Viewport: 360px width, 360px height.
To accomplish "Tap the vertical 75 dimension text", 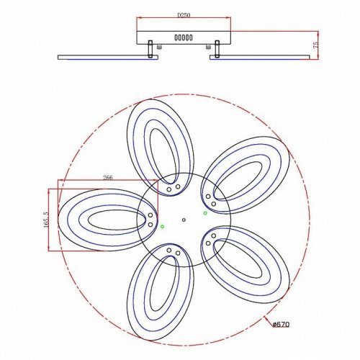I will [x=315, y=45].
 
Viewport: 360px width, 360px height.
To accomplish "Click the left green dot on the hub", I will [x=163, y=227].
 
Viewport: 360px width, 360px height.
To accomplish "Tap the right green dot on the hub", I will [x=205, y=212].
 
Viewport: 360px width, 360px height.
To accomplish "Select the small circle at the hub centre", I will [x=184, y=220].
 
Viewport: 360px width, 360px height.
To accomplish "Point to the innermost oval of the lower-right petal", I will [x=248, y=263].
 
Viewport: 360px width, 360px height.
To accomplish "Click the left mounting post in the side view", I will [x=150, y=50].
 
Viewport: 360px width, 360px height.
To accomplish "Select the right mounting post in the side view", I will [x=215, y=50].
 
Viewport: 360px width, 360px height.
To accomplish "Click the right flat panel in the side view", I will [x=263, y=55].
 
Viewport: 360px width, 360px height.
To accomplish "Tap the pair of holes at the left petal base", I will [x=150, y=220].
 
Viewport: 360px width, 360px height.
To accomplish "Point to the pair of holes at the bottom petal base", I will [x=173, y=251].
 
